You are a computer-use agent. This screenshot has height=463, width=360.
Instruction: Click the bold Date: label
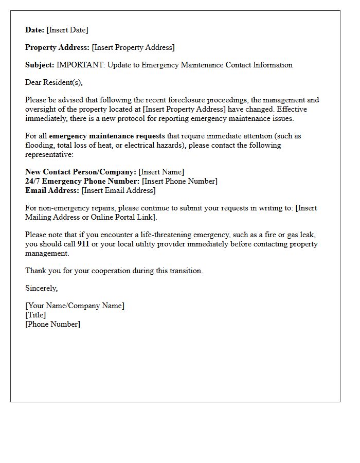[35, 30]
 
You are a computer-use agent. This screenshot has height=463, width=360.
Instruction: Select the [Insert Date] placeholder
[67, 30]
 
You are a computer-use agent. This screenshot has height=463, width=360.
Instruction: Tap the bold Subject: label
[40, 65]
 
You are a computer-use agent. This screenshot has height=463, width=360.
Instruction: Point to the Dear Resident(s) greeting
[54, 82]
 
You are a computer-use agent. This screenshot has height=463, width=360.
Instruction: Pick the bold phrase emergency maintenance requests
[107, 136]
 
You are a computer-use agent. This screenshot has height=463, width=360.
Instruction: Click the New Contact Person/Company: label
[81, 172]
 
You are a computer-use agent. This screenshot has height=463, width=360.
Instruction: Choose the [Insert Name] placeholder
[161, 172]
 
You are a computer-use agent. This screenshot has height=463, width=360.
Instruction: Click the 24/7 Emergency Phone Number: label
[82, 181]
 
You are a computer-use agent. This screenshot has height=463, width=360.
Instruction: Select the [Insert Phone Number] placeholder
[179, 181]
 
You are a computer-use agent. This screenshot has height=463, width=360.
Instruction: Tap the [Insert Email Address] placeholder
[118, 190]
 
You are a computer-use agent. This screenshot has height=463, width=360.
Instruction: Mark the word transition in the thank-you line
[185, 271]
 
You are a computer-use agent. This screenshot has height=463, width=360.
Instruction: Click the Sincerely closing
[42, 288]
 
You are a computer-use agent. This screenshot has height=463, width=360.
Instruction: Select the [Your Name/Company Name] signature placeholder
[75, 306]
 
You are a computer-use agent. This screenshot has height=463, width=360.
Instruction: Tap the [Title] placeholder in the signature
[35, 315]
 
